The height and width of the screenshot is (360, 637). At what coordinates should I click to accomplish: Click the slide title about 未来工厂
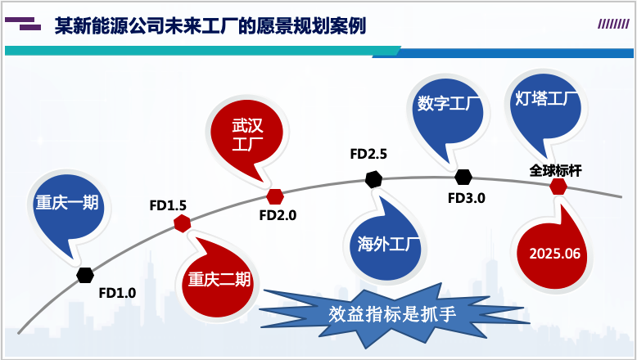coord(210,25)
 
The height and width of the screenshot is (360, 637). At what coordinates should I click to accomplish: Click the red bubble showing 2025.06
coord(554,253)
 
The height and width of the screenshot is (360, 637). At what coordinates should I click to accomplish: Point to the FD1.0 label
coord(117,292)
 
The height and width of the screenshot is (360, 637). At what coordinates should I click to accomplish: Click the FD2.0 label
coord(278,216)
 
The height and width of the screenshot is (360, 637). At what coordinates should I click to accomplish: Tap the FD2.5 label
coord(368,154)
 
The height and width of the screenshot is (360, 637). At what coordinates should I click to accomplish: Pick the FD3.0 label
coord(467,197)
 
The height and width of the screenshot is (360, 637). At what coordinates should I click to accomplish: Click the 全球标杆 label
coord(555,170)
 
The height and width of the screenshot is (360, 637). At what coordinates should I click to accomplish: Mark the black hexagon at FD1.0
coord(85,275)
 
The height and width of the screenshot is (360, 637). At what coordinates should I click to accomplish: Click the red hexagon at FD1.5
coord(183,223)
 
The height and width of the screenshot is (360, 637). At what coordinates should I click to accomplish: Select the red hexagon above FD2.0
coord(275,196)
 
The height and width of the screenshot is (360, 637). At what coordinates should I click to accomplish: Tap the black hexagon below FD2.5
coord(373,178)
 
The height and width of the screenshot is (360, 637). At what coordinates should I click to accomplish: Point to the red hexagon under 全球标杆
coord(558,187)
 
